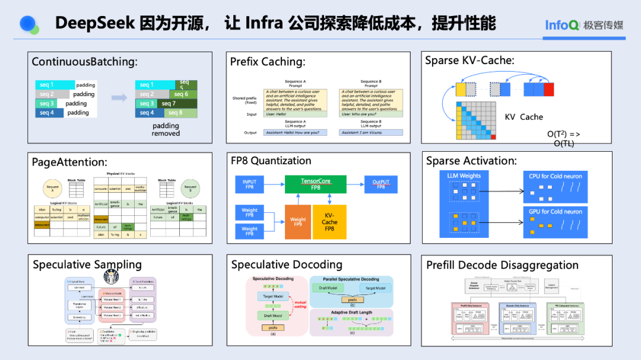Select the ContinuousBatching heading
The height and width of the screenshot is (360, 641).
[84, 62]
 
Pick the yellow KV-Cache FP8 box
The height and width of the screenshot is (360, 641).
[329, 222]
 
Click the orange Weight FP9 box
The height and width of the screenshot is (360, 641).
[298, 222]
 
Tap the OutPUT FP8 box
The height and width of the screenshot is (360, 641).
[379, 184]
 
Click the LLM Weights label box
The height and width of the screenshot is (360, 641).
[464, 176]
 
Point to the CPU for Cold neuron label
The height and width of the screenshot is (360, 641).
[556, 176]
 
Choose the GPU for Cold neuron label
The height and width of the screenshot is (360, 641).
[556, 212]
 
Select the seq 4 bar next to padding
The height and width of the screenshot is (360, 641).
[49, 113]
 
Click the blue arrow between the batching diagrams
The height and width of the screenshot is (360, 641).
[119, 98]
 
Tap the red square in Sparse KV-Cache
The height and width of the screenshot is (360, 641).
[548, 89]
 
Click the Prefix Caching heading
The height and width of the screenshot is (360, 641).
[268, 62]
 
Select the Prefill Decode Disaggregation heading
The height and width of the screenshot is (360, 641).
[502, 265]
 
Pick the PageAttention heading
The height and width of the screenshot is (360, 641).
[69, 162]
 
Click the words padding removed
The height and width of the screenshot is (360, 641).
[166, 129]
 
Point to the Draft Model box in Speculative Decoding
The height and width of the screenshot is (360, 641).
[273, 316]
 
